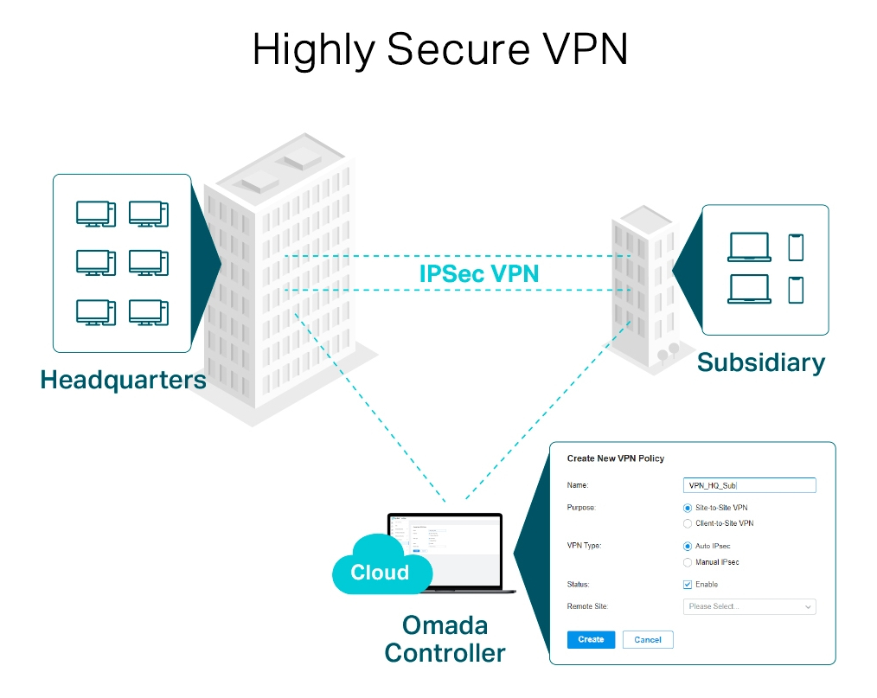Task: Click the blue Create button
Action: (x=591, y=640)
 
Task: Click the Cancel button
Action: (x=648, y=640)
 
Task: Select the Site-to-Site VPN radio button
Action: (x=688, y=508)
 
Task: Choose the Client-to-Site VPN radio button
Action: (x=688, y=523)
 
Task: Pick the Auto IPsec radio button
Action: (x=688, y=547)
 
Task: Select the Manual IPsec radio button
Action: (x=688, y=562)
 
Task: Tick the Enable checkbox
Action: (x=688, y=585)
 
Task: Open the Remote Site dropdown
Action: (x=749, y=607)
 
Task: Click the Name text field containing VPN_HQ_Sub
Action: (x=749, y=485)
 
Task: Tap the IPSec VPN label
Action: (x=479, y=273)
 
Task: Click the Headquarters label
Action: (x=123, y=380)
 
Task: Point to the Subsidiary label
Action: (x=761, y=362)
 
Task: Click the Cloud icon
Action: (x=381, y=567)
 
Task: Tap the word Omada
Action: (x=445, y=624)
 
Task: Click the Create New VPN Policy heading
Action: (x=615, y=458)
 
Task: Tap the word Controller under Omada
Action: (x=445, y=652)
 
